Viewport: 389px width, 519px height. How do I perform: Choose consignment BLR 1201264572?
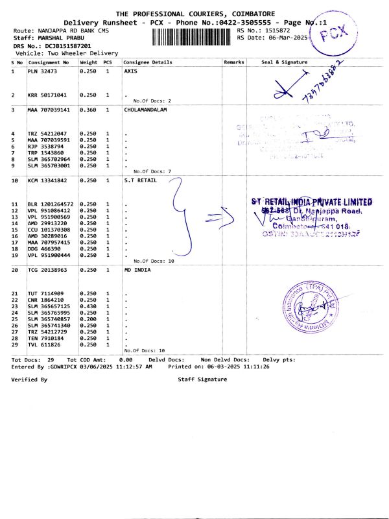(x=51, y=204)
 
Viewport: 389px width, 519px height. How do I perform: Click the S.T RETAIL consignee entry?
(x=137, y=180)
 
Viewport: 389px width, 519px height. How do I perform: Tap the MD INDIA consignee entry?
(x=136, y=269)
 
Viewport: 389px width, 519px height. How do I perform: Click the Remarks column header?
(x=233, y=62)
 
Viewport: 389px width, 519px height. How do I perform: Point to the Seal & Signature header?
(x=284, y=62)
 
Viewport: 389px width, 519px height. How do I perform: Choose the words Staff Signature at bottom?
(x=202, y=379)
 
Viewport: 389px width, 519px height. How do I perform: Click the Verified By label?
(x=29, y=379)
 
